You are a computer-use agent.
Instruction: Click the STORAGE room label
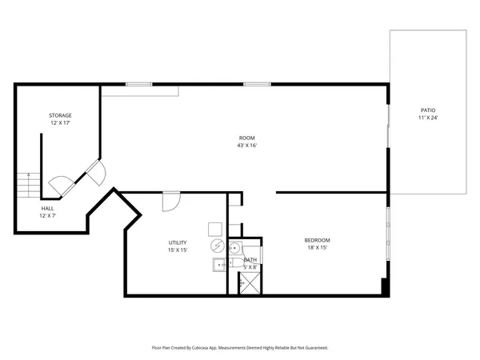[61, 115]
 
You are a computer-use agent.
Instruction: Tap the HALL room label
[48, 208]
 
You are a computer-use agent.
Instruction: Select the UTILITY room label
[178, 242]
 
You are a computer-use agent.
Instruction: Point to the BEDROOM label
[317, 240]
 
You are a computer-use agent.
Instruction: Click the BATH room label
[250, 259]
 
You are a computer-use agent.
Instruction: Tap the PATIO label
[428, 110]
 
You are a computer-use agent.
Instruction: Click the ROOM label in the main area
[247, 138]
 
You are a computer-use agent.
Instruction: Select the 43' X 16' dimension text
[247, 146]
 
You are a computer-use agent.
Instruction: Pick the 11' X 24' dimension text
[428, 118]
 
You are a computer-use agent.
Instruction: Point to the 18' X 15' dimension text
[317, 248]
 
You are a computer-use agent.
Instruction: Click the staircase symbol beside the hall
[29, 185]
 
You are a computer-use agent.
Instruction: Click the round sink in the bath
[234, 247]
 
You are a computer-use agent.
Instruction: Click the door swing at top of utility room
[170, 201]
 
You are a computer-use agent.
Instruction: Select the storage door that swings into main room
[97, 171]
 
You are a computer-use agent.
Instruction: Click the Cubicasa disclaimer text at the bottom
[240, 348]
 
